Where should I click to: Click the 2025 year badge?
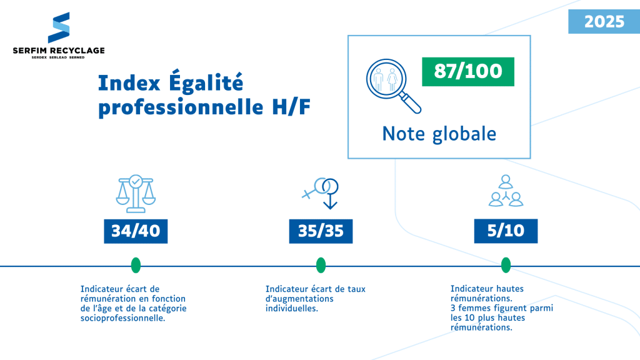pos(604,22)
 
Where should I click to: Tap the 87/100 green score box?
pos(468,71)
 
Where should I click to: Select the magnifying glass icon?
pos(392,86)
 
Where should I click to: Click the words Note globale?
pos(439,134)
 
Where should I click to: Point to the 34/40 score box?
pos(136,231)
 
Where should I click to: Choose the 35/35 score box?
pos(321,231)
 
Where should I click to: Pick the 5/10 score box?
pos(506,231)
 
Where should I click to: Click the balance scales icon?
pos(135,191)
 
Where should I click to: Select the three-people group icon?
pos(505,190)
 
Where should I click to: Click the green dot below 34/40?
pos(136,265)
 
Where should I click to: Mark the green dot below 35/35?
pos(321,265)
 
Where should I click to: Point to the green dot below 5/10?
pos(506,265)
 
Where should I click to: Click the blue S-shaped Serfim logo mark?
pos(59,27)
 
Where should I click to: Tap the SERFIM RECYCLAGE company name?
pos(59,50)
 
